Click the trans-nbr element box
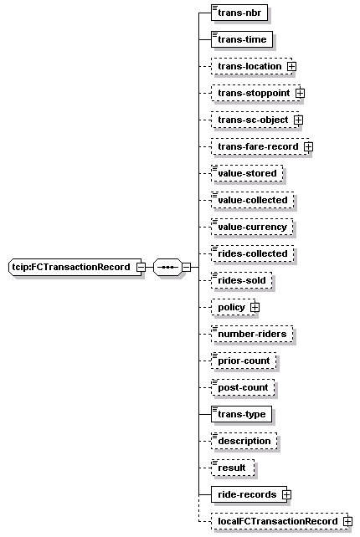[x=239, y=13]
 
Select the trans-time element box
[x=242, y=39]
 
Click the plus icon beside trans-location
[x=291, y=66]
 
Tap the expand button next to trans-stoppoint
[x=300, y=93]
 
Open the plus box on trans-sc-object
[x=299, y=120]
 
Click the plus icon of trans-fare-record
[x=309, y=146]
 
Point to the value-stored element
[x=247, y=173]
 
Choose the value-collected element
[x=252, y=200]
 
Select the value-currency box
[x=252, y=227]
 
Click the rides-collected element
[x=252, y=253]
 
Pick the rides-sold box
[x=241, y=280]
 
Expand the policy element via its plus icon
[x=255, y=308]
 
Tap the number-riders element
[x=252, y=334]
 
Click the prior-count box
[x=244, y=361]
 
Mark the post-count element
[x=243, y=387]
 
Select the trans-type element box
[x=241, y=414]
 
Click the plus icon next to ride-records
[x=286, y=494]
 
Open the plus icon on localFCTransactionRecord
[x=347, y=521]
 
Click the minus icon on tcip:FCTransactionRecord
[x=141, y=267]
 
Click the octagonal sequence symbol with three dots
[x=167, y=267]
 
